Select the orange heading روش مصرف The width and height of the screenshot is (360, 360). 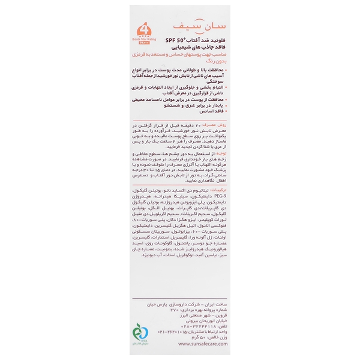[210, 139]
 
